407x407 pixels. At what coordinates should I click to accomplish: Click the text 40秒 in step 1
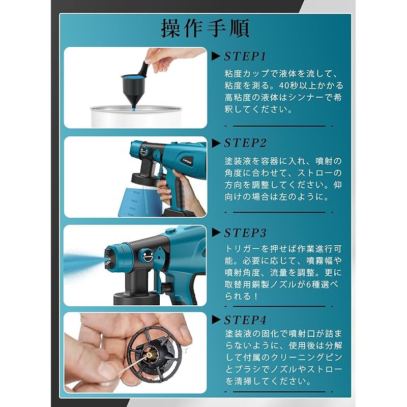(292, 85)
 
